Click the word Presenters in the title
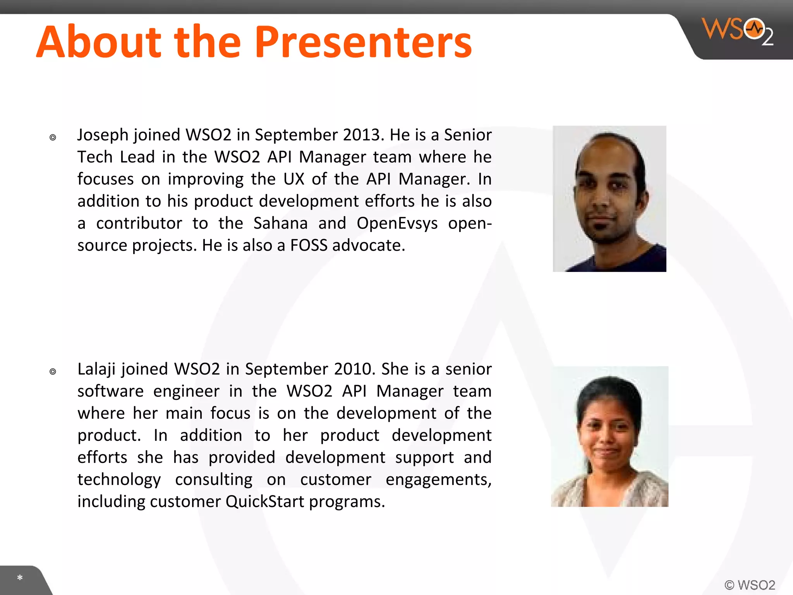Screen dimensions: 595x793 click(x=363, y=42)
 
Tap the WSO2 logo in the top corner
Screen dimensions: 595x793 click(x=738, y=31)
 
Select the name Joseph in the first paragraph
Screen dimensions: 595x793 click(x=103, y=135)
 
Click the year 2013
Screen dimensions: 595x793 click(x=363, y=135)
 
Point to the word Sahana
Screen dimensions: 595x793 click(x=280, y=224)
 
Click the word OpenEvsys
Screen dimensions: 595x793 click(x=397, y=224)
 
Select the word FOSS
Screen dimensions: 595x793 click(x=309, y=246)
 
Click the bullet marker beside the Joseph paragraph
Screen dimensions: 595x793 click(x=53, y=138)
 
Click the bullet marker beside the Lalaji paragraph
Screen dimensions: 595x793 click(x=53, y=372)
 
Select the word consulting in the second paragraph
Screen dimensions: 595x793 click(x=214, y=480)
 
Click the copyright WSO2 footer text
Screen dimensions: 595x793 click(x=750, y=585)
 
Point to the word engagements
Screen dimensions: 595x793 click(x=438, y=480)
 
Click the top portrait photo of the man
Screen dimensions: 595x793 click(x=609, y=199)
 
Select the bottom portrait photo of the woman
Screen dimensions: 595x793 click(x=609, y=437)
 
